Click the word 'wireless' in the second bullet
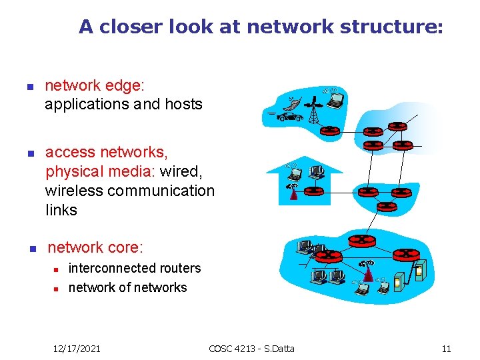tap(74, 191)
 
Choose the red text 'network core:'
tap(95, 248)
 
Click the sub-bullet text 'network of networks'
tap(127, 287)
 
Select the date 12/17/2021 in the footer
tap(77, 348)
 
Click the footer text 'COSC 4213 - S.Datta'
tap(251, 348)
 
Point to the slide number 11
tap(446, 348)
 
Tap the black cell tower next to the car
tap(313, 110)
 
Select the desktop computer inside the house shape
tap(317, 173)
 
